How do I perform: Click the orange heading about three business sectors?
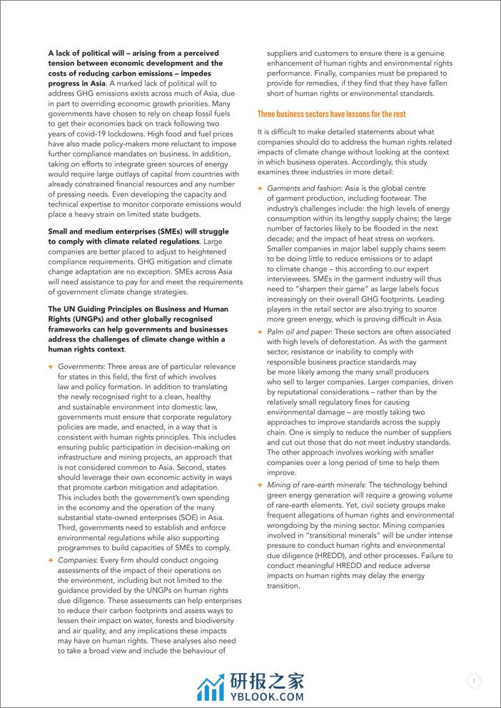click(x=331, y=114)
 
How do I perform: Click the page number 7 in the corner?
click(x=473, y=681)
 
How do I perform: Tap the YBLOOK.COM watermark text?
click(x=266, y=695)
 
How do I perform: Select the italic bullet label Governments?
click(x=81, y=366)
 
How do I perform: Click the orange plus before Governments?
click(x=51, y=366)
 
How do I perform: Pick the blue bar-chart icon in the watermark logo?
click(x=210, y=688)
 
